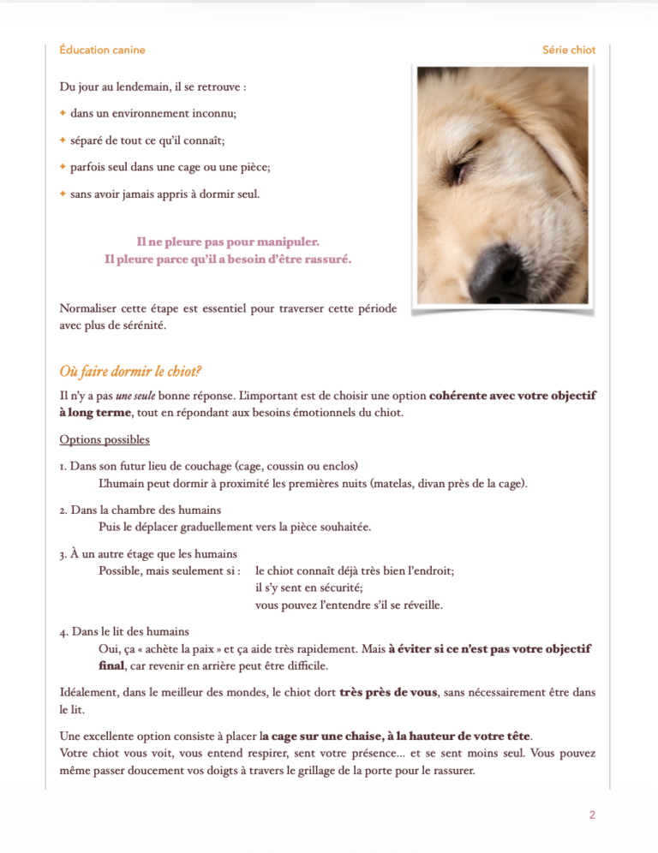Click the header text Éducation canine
coord(102,50)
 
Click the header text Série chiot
coord(569,50)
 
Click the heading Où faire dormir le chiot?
coord(130,373)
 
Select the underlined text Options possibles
coord(105,440)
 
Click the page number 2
coord(592,814)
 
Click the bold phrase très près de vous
coord(388,692)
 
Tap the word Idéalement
coord(90,692)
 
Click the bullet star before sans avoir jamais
coord(63,194)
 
